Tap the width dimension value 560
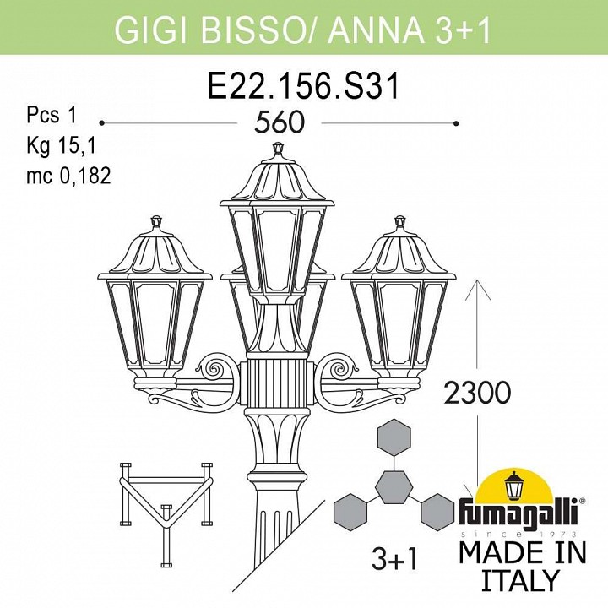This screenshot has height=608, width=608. [x=280, y=122]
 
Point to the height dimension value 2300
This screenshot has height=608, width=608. [x=477, y=392]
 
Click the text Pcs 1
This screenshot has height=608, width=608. [x=52, y=115]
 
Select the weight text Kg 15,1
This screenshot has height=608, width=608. [x=61, y=145]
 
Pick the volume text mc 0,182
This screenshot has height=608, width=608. [x=68, y=176]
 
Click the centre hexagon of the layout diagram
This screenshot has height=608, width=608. [x=394, y=487]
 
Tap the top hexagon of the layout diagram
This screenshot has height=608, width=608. [x=394, y=437]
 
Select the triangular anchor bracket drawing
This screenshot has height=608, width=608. [x=166, y=513]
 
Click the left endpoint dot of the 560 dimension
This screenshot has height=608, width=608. [x=101, y=123]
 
